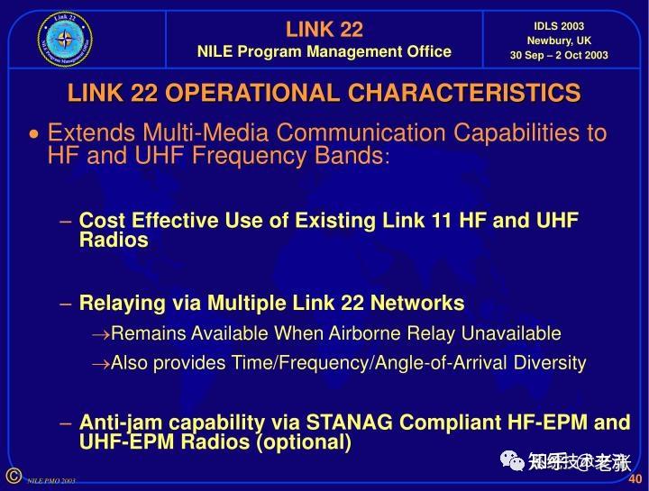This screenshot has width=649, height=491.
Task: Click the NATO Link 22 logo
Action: pyautogui.click(x=65, y=39)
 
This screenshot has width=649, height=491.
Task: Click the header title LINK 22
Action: pyautogui.click(x=324, y=29)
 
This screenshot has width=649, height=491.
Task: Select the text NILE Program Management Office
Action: pyautogui.click(x=324, y=51)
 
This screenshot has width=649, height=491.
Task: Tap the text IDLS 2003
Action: pyautogui.click(x=559, y=26)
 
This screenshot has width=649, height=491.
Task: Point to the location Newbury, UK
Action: pyautogui.click(x=559, y=41)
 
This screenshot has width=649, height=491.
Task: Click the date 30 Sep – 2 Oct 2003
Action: pyautogui.click(x=559, y=55)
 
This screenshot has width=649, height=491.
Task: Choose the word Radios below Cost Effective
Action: pyautogui.click(x=114, y=240)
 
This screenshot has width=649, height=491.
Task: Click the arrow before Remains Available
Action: pyautogui.click(x=100, y=334)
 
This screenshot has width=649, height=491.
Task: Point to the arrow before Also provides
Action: pyautogui.click(x=100, y=363)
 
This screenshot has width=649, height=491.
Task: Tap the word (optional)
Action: pyautogui.click(x=304, y=442)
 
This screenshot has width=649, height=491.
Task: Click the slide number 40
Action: pyautogui.click(x=635, y=478)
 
